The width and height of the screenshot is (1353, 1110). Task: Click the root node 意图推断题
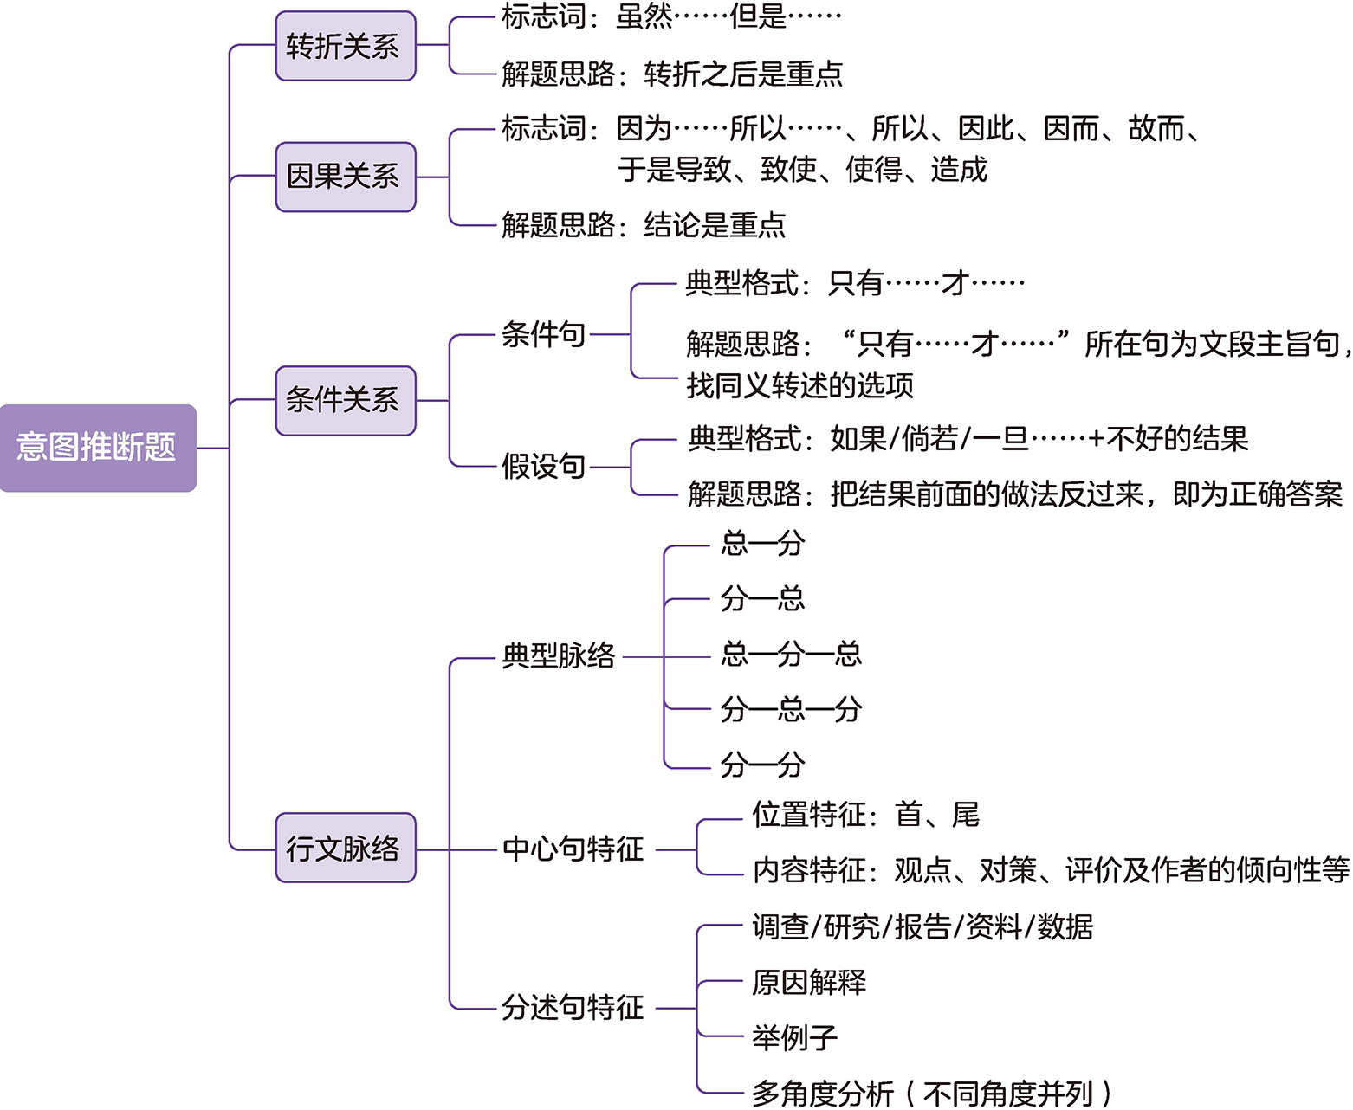tap(97, 448)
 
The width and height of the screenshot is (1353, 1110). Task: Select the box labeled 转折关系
tap(345, 46)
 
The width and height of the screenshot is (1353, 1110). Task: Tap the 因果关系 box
tap(345, 177)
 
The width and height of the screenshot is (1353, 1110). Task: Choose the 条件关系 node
tap(345, 400)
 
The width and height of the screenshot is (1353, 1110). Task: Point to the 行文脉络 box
tap(345, 848)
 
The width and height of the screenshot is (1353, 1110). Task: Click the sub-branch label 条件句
tap(543, 334)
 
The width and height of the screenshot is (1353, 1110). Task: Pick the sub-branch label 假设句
tap(543, 467)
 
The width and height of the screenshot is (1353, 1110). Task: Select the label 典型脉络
tap(559, 656)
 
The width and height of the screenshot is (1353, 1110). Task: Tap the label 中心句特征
tap(573, 849)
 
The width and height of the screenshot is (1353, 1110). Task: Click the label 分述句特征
tap(573, 1008)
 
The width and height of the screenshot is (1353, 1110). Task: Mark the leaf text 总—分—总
tap(791, 654)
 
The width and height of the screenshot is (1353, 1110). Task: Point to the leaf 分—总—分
tap(791, 710)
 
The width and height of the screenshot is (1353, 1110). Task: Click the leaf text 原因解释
tap(808, 983)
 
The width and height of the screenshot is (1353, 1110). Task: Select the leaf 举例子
tap(794, 1037)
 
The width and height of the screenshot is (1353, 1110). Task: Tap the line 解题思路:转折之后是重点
tap(672, 74)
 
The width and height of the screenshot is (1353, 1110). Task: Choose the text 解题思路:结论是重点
tap(644, 226)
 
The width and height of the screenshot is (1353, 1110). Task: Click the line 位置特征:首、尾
tap(865, 815)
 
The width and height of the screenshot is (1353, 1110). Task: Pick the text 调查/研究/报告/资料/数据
tap(922, 927)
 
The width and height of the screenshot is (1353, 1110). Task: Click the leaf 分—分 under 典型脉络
tap(762, 765)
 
